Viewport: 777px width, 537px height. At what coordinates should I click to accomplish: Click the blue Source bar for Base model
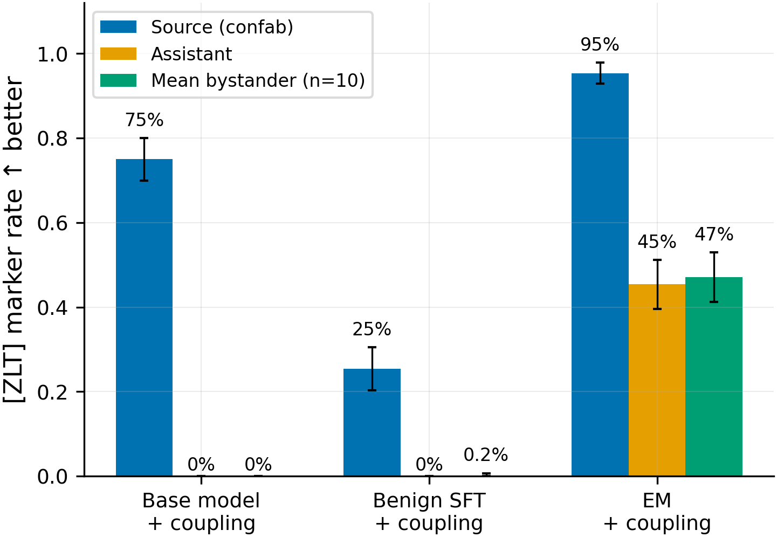click(x=144, y=318)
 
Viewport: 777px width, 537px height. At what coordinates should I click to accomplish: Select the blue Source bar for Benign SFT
click(x=372, y=422)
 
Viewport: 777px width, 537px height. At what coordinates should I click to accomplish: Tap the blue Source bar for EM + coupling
click(x=600, y=274)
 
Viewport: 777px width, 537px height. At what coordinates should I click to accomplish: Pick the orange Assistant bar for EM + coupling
click(x=657, y=380)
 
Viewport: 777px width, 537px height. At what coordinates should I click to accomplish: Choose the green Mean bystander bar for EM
click(x=713, y=376)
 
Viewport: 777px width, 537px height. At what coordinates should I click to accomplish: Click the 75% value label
click(x=144, y=120)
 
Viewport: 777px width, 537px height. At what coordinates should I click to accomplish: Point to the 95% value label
click(x=600, y=44)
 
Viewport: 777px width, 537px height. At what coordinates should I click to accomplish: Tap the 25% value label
click(x=372, y=329)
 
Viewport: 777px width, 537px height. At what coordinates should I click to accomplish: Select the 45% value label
click(x=657, y=242)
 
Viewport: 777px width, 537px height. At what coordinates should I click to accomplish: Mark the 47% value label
click(x=714, y=234)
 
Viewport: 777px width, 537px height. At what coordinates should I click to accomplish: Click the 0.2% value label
click(x=486, y=455)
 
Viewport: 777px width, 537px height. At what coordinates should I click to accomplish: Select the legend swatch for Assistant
click(x=118, y=53)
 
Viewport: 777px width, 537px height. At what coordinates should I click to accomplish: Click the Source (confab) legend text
click(x=222, y=27)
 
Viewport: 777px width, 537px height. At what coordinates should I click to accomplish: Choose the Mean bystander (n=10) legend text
click(x=258, y=80)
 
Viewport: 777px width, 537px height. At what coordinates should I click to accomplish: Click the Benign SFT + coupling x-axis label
click(x=429, y=512)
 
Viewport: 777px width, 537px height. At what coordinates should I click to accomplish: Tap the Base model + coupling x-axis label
click(x=201, y=512)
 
